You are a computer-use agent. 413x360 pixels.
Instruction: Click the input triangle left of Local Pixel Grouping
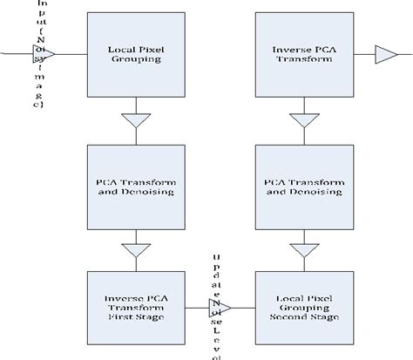pyautogui.click(x=47, y=56)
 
